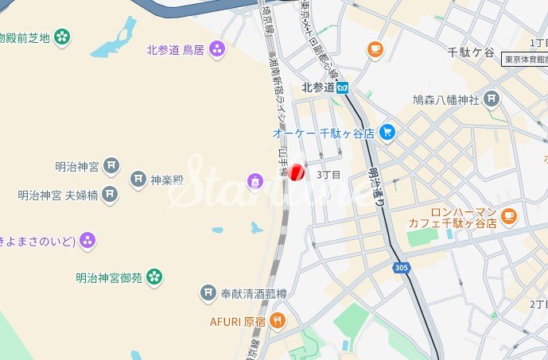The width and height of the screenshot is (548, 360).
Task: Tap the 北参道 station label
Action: coord(318,87)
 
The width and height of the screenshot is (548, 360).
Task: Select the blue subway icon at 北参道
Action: coord(342,87)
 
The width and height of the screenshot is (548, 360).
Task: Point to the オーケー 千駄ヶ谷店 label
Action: coord(323,134)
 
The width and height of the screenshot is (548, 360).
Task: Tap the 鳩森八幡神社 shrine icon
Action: coord(492,100)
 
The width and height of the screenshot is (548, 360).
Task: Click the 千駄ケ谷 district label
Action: coord(471,52)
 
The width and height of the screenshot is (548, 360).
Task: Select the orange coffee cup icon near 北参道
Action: coord(375,50)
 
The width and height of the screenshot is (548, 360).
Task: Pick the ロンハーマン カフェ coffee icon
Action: coord(509,215)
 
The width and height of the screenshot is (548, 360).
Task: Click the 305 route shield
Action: coord(401,269)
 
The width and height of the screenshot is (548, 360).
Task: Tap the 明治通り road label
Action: coord(375,188)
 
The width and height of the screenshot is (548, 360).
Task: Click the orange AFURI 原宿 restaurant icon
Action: coord(278,321)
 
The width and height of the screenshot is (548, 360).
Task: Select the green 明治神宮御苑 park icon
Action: coord(154,277)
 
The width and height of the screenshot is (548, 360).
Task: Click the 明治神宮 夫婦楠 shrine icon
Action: coord(110,194)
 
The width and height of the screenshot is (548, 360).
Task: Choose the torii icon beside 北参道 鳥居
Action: coord(217,50)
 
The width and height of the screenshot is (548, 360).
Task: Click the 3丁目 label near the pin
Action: coord(328,175)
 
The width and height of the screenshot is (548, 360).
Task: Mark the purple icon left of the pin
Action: coord(255,182)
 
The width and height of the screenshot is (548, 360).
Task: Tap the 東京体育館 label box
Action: coord(525,60)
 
